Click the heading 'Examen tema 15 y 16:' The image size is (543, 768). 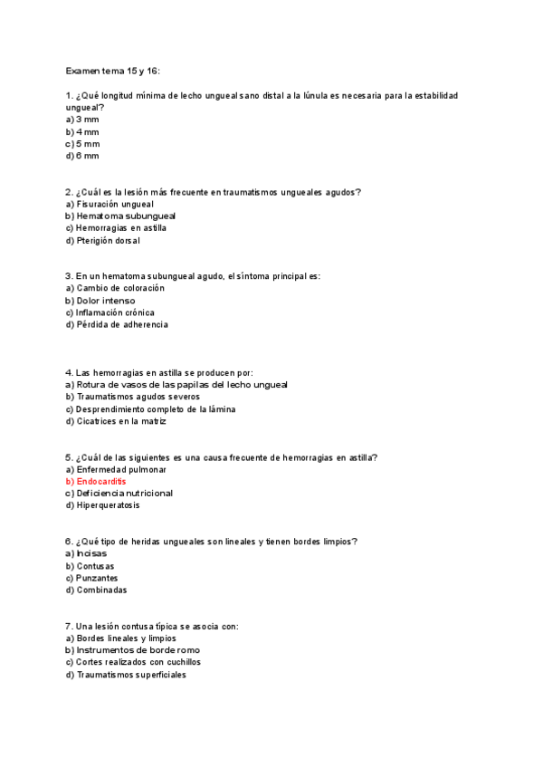112,71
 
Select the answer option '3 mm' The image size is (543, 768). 87,120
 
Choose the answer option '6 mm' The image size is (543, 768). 87,156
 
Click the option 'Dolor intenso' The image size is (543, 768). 106,301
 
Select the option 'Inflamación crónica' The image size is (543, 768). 115,312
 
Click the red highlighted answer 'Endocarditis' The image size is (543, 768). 101,482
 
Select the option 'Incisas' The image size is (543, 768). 91,553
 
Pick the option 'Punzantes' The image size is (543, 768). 97,578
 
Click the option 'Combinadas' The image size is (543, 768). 101,590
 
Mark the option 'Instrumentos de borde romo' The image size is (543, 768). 138,650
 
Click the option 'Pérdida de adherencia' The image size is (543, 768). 122,324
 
